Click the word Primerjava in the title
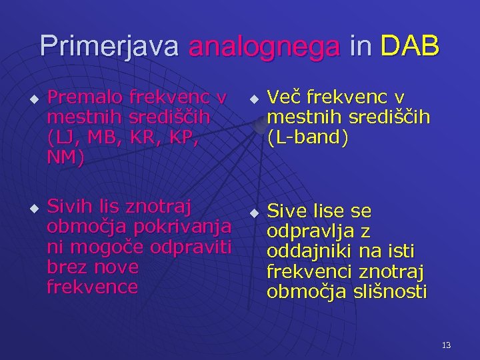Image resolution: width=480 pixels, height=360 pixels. coord(109,46)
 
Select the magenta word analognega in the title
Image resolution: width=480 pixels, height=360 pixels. coord(265,46)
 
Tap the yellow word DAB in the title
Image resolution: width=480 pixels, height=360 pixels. coord(410,46)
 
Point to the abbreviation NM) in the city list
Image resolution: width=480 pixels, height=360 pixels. coord(66,159)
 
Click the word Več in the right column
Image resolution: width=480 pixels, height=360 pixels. coord(285,98)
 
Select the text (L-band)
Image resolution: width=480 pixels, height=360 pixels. coord(307,138)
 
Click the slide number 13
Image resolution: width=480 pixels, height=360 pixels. coord(446,345)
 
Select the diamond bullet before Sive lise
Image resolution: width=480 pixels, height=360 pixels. coord(253,213)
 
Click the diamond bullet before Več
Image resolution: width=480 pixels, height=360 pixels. coord(253,100)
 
